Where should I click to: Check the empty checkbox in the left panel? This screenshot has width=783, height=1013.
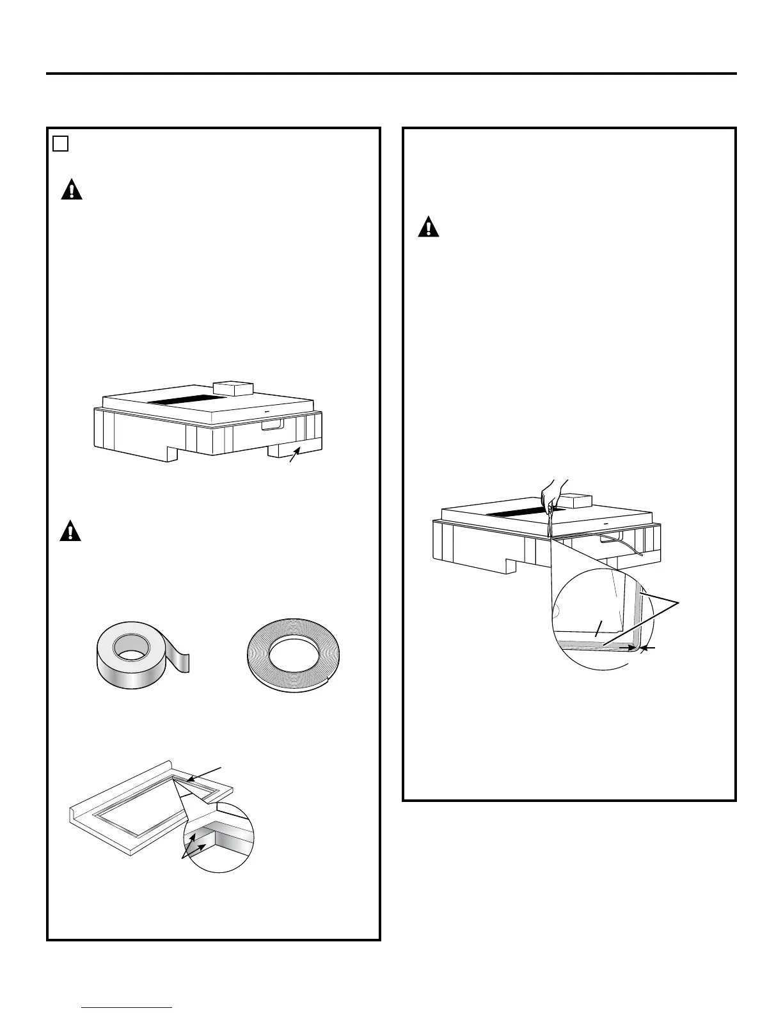point(61,144)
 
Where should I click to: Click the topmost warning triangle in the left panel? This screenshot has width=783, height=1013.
point(72,191)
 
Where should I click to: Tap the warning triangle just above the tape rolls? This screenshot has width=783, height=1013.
point(70,531)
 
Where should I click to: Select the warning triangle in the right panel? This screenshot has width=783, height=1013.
point(429,228)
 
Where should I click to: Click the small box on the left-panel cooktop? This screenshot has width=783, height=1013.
point(233,388)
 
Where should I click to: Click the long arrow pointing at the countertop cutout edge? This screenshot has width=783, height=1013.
point(205,775)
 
